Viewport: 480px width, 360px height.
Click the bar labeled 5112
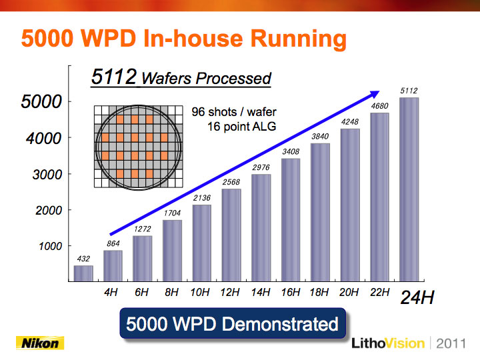pyautogui.click(x=409, y=189)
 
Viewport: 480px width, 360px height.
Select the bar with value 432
pyautogui.click(x=83, y=273)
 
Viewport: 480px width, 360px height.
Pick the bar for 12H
pyautogui.click(x=231, y=235)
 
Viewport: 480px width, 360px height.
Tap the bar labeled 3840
pyautogui.click(x=320, y=212)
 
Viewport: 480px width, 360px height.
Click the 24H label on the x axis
pyautogui.click(x=417, y=297)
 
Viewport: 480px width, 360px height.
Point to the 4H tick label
pyautogui.click(x=111, y=293)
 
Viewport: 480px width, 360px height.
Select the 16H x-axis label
pyautogui.click(x=291, y=293)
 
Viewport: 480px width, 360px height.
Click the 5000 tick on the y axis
pyautogui.click(x=41, y=101)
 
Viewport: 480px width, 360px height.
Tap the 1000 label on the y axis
pyautogui.click(x=51, y=246)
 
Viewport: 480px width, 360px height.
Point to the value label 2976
pyautogui.click(x=261, y=167)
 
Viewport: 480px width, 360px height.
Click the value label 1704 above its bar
pyautogui.click(x=172, y=213)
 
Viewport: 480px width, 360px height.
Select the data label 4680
pyautogui.click(x=379, y=106)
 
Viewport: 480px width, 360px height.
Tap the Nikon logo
pyautogui.click(x=40, y=343)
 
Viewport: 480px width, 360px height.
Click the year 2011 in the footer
pyautogui.click(x=451, y=343)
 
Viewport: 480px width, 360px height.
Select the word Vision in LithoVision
pyautogui.click(x=405, y=343)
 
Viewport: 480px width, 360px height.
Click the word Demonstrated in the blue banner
pyautogui.click(x=280, y=324)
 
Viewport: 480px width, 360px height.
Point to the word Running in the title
pyautogui.click(x=299, y=39)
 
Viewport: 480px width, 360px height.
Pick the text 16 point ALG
pyautogui.click(x=242, y=127)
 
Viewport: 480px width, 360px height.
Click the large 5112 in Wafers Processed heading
pyautogui.click(x=114, y=77)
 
